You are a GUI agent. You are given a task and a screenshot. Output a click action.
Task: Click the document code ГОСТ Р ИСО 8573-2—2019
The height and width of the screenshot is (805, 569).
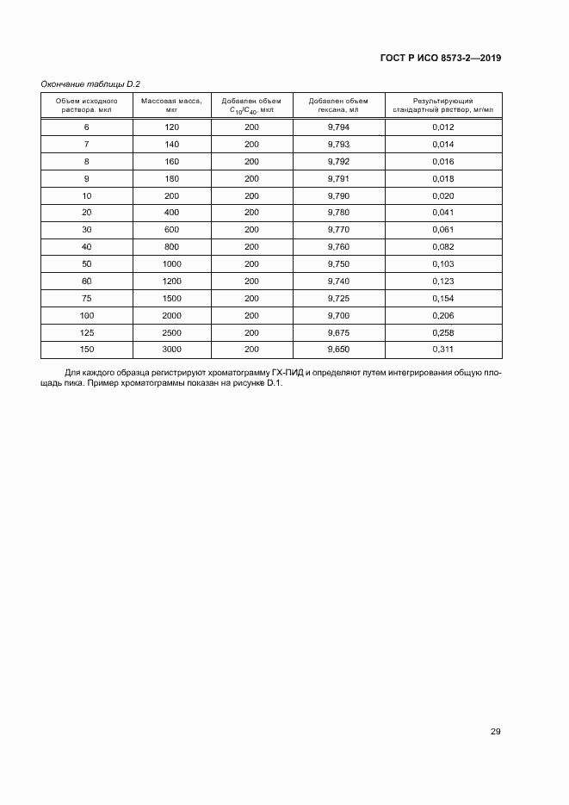pos(440,59)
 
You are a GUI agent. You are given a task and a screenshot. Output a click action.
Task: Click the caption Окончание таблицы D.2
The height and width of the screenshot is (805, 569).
pos(90,84)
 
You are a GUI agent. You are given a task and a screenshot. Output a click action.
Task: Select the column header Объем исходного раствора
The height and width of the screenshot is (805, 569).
pos(86,105)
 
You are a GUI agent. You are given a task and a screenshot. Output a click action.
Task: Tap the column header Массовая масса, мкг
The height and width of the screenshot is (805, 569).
pos(171,105)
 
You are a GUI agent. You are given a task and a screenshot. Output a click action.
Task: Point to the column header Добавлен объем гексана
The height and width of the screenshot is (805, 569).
pos(338,105)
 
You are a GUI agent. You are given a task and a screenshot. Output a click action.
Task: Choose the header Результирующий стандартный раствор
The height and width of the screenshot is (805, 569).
pos(442,105)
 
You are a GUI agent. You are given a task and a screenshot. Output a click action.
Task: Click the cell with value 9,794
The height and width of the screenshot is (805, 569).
pos(338,127)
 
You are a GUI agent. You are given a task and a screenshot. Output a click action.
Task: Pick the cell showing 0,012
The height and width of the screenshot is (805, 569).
pos(442,127)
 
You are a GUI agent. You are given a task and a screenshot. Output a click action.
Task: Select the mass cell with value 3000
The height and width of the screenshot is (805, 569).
pos(171,350)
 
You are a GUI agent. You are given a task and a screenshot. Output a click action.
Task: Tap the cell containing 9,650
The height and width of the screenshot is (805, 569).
pos(338,350)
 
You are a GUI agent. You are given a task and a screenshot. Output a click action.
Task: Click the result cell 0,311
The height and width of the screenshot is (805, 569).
pos(442,350)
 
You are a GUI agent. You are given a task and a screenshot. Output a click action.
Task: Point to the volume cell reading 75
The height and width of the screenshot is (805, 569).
pos(86,297)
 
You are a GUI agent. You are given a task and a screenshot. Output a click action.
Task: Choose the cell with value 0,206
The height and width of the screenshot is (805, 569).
pos(442,315)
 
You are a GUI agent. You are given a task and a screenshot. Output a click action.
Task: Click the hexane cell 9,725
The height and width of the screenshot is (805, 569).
pos(338,297)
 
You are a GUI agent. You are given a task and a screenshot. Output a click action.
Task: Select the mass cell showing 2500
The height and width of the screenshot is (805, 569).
pos(171,332)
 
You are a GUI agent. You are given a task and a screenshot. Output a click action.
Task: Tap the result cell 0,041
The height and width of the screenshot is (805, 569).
pos(442,212)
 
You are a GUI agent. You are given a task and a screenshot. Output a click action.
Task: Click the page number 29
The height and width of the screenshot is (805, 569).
pos(495,732)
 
